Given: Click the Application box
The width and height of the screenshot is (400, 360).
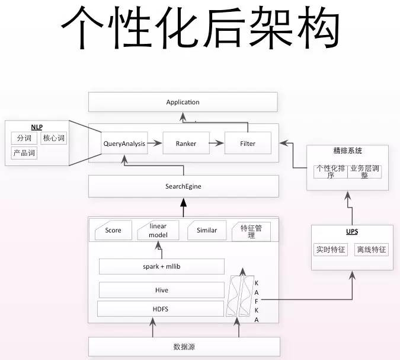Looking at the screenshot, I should (x=183, y=102).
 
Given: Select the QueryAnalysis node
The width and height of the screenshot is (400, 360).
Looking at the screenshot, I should (x=124, y=144).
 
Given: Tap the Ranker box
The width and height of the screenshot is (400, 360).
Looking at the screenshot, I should (x=186, y=144).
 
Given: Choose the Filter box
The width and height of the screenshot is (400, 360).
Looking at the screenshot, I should (x=248, y=144).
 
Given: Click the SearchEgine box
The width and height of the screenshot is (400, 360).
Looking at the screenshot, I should (x=183, y=186).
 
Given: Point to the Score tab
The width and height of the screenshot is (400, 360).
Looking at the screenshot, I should (x=113, y=230).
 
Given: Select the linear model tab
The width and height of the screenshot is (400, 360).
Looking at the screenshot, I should (x=158, y=230).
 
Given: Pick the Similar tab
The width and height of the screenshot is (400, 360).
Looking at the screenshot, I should (x=207, y=230).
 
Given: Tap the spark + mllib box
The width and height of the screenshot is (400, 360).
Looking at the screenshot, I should (x=161, y=266).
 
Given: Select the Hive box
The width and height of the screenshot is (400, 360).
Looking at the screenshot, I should (x=161, y=290).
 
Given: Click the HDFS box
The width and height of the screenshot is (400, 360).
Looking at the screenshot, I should (x=161, y=308).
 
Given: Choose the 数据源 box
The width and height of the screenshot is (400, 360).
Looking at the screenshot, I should (x=184, y=346).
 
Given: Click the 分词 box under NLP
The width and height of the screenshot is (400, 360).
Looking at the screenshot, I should (x=24, y=138).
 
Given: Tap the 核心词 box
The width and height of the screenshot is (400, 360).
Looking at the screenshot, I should (x=53, y=138).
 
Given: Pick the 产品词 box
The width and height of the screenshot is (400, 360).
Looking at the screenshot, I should (x=24, y=153).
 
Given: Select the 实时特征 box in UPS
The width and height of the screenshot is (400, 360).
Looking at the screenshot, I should (x=330, y=250).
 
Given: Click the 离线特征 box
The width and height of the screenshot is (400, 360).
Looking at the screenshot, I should (x=371, y=250).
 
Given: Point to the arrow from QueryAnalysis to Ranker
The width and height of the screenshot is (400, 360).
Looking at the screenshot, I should (x=155, y=144).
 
